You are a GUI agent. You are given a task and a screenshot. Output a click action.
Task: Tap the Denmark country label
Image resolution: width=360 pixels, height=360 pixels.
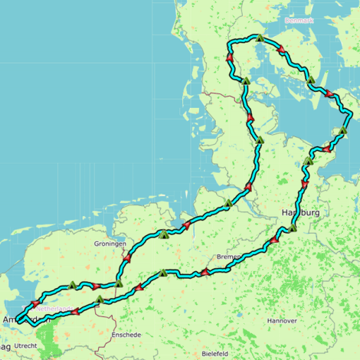(299, 20)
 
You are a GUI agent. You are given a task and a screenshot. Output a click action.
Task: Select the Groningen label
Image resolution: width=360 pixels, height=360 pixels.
(110, 244)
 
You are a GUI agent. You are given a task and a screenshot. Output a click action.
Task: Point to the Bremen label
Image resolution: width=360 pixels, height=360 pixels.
(228, 256)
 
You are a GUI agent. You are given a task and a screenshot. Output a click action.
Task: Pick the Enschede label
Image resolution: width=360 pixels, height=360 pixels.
(126, 335)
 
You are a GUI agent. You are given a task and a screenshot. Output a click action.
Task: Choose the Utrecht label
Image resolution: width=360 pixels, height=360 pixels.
(25, 346)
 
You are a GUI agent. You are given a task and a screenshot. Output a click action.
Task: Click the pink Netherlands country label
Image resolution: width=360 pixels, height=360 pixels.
(54, 309)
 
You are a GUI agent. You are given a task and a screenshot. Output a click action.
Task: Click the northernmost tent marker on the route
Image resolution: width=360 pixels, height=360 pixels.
(260, 38)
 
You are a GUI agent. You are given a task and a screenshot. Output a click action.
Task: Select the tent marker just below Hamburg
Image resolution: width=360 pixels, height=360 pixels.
(292, 227)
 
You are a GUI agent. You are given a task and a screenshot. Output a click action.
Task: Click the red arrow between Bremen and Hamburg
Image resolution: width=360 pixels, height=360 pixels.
(272, 243)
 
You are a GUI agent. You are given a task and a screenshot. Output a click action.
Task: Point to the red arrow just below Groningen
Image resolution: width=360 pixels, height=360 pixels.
(126, 259)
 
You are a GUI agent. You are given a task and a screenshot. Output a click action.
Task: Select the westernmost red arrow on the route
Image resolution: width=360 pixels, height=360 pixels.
(34, 304)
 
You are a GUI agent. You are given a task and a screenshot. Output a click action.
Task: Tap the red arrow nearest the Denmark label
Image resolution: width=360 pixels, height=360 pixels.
(281, 49)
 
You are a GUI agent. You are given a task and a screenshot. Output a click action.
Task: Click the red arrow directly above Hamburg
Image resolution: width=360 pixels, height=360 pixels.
(305, 185)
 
